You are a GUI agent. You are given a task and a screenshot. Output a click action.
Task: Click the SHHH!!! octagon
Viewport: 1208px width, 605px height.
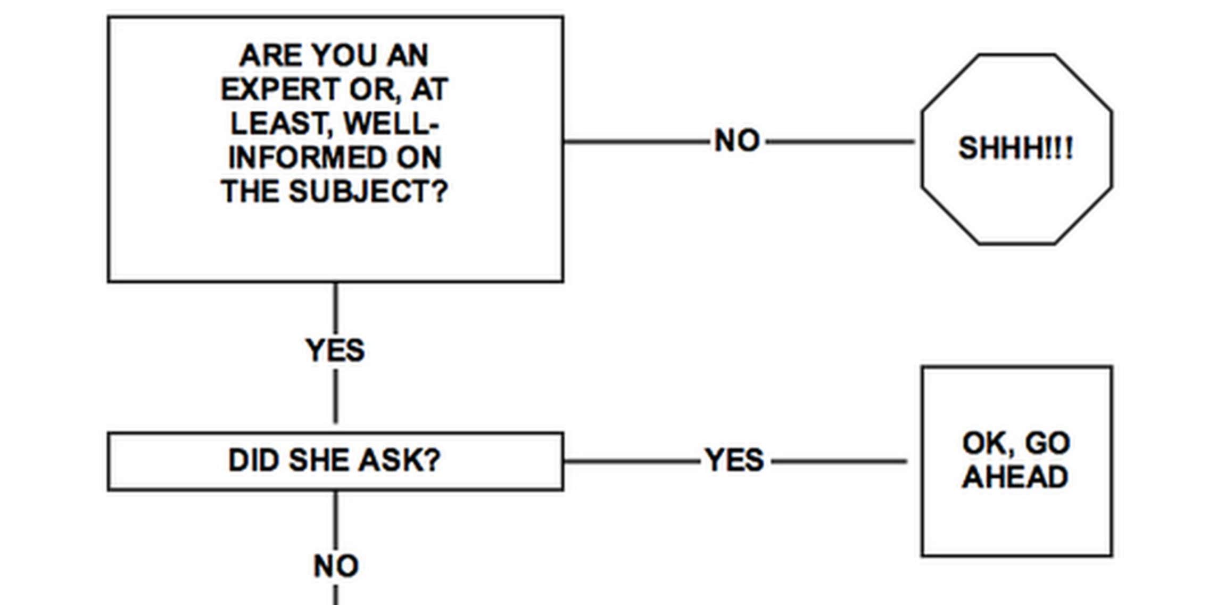[1016, 149]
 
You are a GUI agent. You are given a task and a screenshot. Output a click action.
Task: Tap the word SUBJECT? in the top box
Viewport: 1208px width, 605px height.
[368, 191]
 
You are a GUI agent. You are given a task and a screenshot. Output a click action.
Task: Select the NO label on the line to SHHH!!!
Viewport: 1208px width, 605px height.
[737, 141]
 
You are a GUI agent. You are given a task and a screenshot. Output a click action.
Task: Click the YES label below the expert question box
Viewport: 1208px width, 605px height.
[335, 350]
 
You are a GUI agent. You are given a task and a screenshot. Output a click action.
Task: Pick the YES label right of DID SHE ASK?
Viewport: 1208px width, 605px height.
[734, 460]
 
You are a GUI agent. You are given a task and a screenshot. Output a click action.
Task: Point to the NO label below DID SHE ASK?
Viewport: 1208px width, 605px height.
[336, 566]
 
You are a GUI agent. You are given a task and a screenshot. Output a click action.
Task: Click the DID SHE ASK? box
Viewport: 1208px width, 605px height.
[335, 461]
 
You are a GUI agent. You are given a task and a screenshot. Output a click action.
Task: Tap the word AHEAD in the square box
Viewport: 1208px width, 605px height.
[1015, 477]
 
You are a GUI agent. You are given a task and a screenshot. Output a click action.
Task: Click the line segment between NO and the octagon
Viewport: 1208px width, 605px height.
[840, 142]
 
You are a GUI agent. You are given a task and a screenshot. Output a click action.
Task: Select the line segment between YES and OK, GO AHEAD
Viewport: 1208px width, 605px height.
[839, 461]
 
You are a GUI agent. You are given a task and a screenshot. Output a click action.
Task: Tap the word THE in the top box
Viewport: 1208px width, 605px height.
[251, 191]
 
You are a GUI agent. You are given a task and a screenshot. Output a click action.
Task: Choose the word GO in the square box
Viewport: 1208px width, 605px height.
[1047, 443]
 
